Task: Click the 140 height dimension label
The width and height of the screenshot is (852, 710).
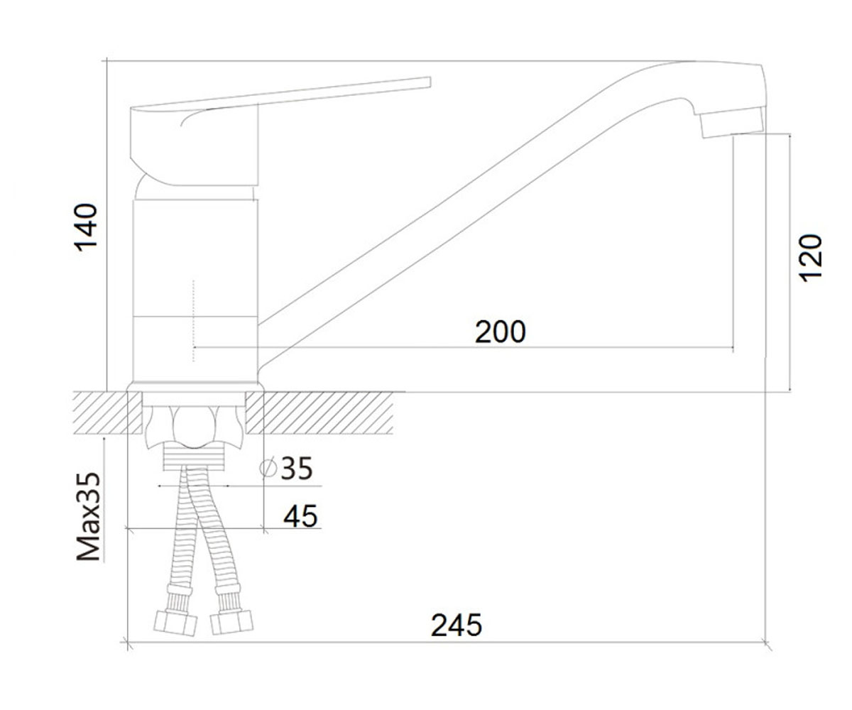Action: tap(85, 227)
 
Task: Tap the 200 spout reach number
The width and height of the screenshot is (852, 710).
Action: tap(501, 332)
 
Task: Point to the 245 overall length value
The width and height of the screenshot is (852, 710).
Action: tap(457, 625)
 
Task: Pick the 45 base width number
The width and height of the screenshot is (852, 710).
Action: tap(300, 516)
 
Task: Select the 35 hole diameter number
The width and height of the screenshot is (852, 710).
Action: tap(297, 468)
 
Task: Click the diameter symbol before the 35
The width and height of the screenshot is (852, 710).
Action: tap(268, 468)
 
